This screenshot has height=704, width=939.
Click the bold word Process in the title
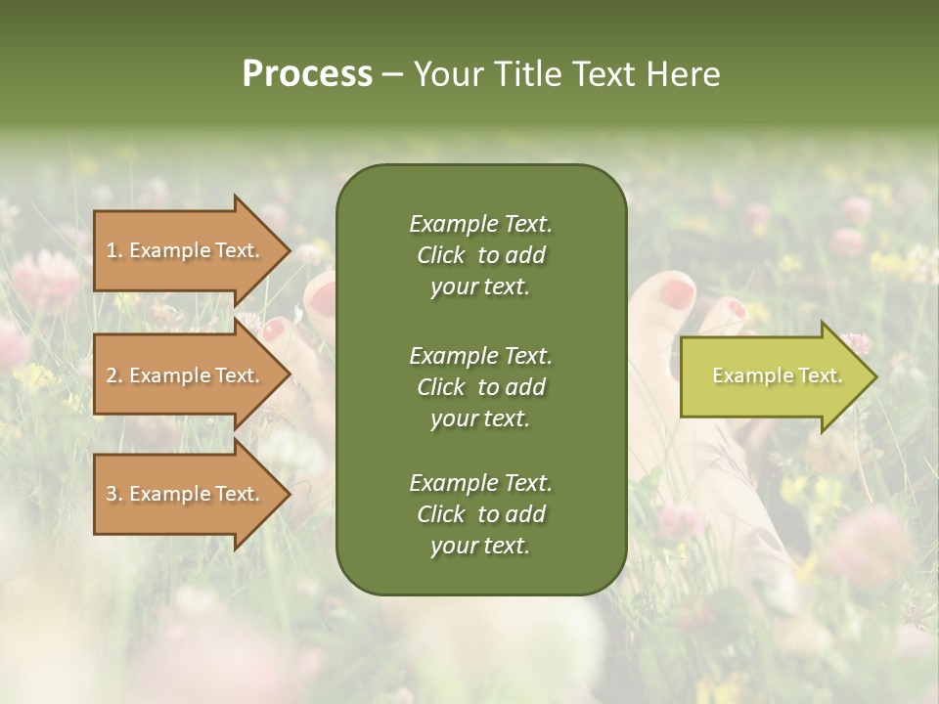(x=307, y=74)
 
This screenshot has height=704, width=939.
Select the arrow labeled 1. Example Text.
(x=186, y=250)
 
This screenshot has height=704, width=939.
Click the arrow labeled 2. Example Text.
(x=186, y=375)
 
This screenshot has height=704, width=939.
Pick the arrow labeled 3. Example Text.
(x=186, y=494)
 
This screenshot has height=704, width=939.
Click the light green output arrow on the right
(x=773, y=376)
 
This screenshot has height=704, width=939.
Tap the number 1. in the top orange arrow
(x=113, y=250)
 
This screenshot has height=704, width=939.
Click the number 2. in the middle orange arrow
(x=113, y=375)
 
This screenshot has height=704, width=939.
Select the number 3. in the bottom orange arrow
(x=113, y=494)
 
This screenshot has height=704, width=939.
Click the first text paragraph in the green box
(x=480, y=255)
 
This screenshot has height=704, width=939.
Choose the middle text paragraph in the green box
(x=480, y=387)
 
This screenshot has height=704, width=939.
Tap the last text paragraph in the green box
(x=480, y=514)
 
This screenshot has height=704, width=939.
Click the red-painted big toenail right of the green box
(x=677, y=291)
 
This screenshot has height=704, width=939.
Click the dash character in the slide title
(x=392, y=74)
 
